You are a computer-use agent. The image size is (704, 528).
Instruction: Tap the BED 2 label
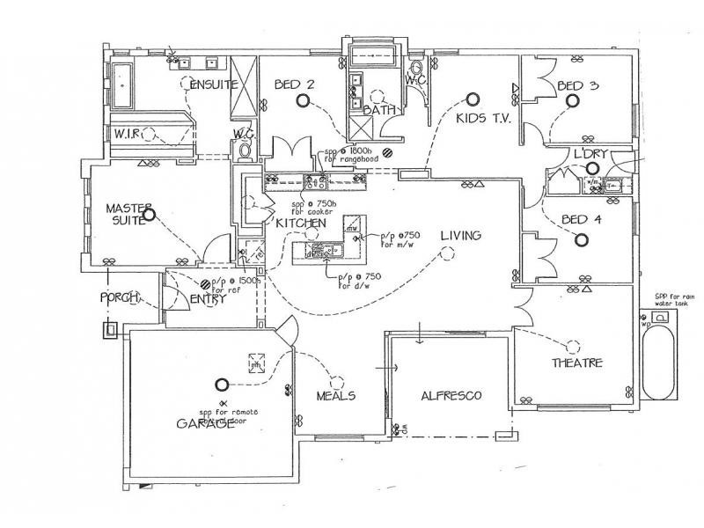click(x=295, y=84)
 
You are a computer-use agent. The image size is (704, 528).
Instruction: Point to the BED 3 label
click(x=578, y=85)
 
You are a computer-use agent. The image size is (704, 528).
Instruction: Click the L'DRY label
click(x=590, y=154)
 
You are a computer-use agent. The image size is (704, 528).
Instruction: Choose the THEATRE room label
click(x=577, y=363)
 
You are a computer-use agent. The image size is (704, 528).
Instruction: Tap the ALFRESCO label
click(x=451, y=395)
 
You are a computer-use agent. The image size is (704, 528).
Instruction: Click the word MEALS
click(x=336, y=396)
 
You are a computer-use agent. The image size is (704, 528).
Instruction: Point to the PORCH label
click(x=120, y=298)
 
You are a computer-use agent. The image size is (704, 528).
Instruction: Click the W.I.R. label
click(x=129, y=133)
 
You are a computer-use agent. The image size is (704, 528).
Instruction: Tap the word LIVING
click(x=460, y=235)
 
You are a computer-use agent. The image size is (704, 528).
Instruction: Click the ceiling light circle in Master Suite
click(x=149, y=214)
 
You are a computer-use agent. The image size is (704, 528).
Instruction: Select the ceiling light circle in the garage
click(x=220, y=384)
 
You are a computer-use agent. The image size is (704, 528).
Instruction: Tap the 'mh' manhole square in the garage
click(x=256, y=363)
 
